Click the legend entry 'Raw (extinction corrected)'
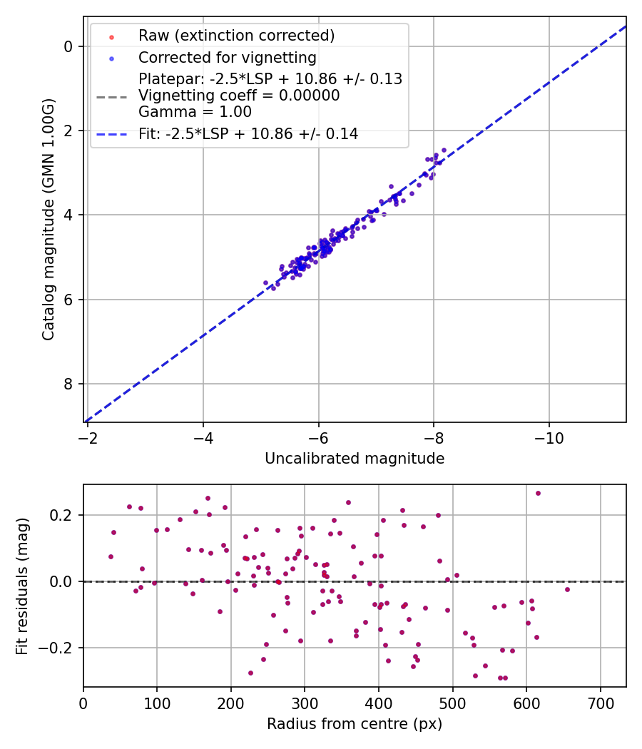[236, 36]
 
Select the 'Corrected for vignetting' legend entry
[228, 57]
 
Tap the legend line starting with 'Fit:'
[248, 133]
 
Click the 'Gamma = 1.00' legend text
[195, 112]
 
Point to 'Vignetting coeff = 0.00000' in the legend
[239, 96]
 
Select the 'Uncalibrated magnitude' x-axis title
[355, 459]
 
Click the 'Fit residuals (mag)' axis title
[22, 586]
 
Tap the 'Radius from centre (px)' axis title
[355, 724]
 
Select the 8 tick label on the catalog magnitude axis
[68, 384]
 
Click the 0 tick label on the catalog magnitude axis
[68, 46]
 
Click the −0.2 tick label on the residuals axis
[58, 648]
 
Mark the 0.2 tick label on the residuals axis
[63, 515]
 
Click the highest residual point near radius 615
[538, 493]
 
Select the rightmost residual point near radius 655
[567, 589]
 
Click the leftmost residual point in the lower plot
[111, 556]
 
